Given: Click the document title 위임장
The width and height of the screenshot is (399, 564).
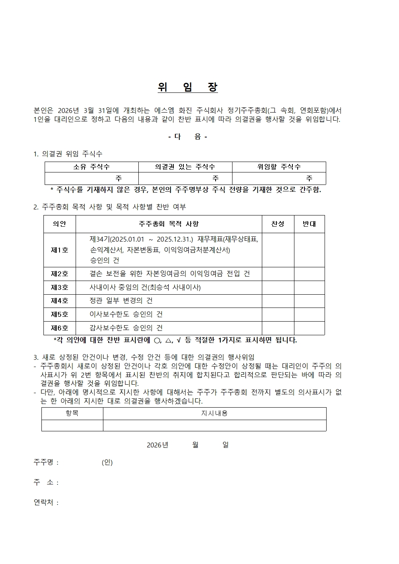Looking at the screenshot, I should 188,88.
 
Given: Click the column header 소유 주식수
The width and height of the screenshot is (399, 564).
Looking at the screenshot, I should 91,167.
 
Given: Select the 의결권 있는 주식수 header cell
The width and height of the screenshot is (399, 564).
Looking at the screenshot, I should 185,167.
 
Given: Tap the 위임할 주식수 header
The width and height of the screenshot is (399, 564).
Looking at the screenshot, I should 279,167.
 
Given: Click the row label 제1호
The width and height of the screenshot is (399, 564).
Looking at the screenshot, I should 60,250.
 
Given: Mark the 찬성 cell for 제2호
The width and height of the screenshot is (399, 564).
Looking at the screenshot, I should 278,274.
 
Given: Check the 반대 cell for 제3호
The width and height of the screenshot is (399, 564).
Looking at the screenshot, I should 309,287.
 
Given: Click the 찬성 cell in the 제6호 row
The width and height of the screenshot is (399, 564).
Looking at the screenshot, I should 278,328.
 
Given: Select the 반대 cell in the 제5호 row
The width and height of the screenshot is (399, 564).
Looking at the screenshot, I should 309,314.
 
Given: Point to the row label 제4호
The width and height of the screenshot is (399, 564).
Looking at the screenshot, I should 60,301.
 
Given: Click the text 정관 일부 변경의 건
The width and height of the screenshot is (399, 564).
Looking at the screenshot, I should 121,301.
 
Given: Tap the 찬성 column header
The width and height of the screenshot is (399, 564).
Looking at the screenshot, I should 278,224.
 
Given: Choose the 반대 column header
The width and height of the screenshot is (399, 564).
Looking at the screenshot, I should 309,224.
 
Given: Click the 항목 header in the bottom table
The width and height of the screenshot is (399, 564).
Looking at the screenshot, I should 72,413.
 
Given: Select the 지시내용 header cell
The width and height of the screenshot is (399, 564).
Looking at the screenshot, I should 214,413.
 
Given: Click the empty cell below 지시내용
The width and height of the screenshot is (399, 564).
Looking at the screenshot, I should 214,425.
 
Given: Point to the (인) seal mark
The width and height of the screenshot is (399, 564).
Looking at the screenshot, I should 107,462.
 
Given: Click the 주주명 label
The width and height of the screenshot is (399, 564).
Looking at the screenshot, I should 46,462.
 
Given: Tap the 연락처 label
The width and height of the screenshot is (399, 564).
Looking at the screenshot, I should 46,502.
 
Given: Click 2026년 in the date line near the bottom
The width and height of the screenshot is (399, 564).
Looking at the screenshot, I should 157,445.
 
